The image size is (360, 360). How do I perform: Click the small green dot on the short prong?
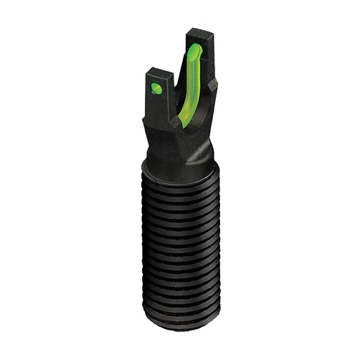[157, 89]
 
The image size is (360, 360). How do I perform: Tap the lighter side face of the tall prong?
[209, 63]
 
